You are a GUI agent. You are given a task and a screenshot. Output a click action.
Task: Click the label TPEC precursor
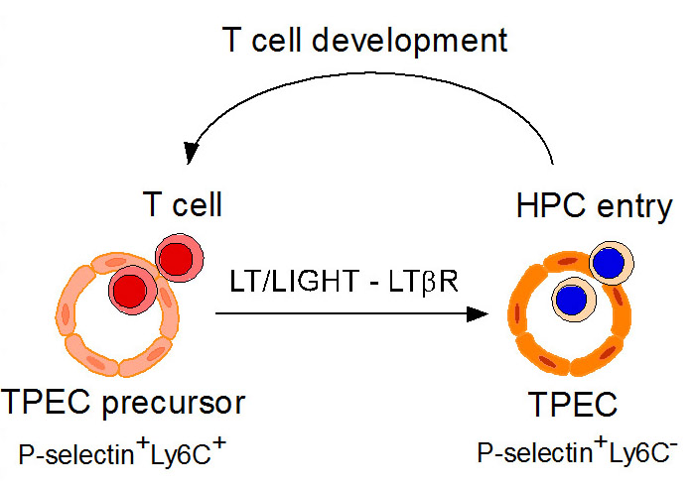pos(124,404)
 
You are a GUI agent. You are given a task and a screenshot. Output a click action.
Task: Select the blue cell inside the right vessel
pos(572,298)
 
